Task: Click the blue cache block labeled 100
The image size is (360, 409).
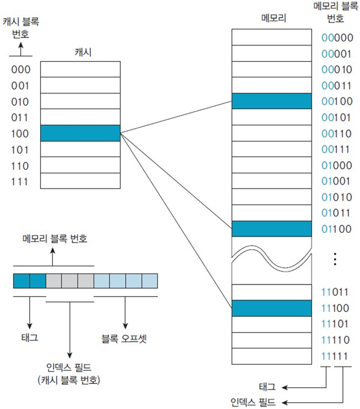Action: click(80, 133)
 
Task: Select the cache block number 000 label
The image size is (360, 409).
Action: click(21, 70)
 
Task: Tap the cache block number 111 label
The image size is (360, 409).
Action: click(21, 182)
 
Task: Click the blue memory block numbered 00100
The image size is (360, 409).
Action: click(271, 101)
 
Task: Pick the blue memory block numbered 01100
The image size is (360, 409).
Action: click(271, 229)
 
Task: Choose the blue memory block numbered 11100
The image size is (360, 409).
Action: click(271, 308)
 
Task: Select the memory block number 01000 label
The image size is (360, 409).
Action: click(337, 165)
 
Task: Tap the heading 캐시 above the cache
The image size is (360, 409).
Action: click(80, 51)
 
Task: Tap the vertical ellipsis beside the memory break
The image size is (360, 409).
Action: click(335, 259)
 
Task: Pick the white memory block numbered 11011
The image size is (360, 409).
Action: click(271, 292)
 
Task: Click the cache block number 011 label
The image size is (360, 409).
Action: click(21, 118)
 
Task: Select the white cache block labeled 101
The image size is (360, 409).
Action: click(80, 149)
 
